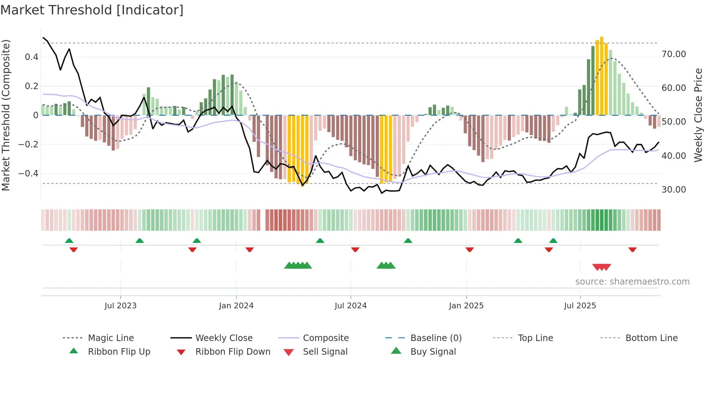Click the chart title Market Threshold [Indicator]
point(92,10)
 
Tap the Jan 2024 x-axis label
point(236,306)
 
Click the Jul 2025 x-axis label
point(580,306)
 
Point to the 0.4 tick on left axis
point(32,57)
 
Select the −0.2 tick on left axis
point(28,144)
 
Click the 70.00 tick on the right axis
point(673,54)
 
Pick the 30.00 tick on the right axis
point(673,190)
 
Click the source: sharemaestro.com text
point(632,282)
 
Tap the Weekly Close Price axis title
point(698,115)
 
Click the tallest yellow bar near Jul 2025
point(602,75)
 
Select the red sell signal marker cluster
point(602,267)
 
